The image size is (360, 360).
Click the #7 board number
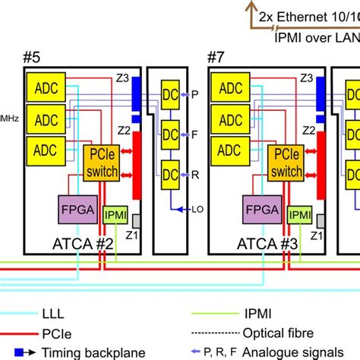coord(218,58)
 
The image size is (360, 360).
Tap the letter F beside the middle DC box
coord(194,134)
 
